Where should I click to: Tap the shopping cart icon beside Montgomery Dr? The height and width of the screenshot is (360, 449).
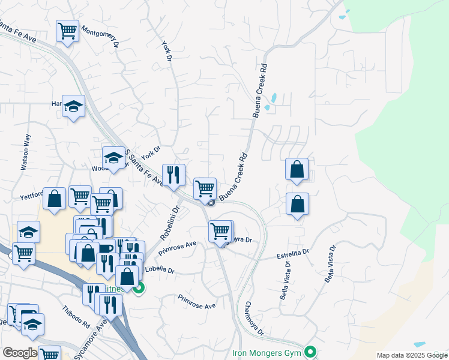[x=68, y=31]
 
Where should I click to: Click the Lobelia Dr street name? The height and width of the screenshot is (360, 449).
[x=159, y=271]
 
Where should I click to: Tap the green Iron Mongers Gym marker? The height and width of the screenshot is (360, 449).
[x=310, y=352]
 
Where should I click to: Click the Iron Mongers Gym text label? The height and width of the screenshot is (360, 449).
[x=265, y=352]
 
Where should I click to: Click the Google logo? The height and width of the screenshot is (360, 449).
[x=20, y=353]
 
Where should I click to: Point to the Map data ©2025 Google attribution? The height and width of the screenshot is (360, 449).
[x=411, y=355]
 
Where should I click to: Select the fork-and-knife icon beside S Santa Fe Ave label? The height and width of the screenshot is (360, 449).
[x=173, y=175]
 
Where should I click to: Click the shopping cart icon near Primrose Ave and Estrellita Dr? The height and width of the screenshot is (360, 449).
[x=221, y=231]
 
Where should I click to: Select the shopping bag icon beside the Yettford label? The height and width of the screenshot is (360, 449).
[x=54, y=199]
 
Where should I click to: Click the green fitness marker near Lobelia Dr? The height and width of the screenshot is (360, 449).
[x=139, y=289]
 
